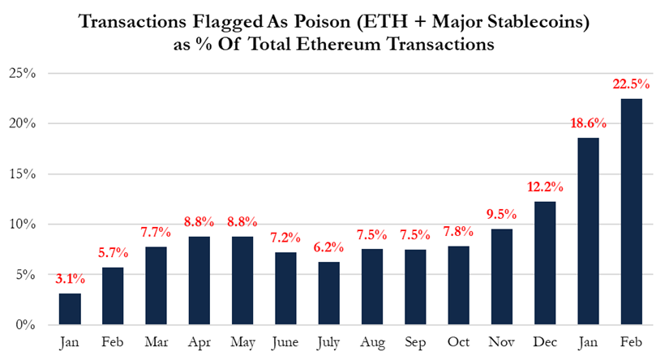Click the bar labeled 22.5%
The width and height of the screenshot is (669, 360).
point(630,212)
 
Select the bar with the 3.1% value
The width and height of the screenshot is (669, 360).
point(71,309)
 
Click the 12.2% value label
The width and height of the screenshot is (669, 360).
point(544,186)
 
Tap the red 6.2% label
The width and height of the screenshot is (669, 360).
point(328,246)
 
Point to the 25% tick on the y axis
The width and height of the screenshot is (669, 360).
point(22,74)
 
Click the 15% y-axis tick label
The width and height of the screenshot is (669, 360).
point(22,174)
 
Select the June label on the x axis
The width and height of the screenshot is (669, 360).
point(285,342)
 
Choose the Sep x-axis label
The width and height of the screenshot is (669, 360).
point(414,342)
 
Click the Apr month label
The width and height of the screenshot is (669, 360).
point(199,342)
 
